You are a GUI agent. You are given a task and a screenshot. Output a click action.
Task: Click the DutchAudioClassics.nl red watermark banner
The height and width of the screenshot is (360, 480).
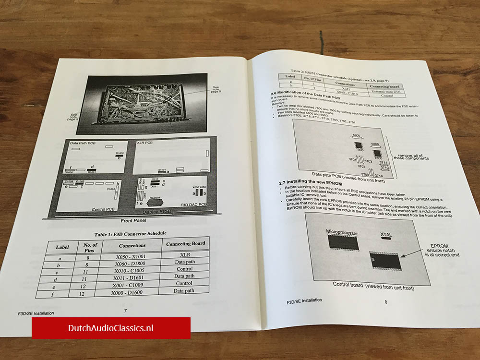(111, 328)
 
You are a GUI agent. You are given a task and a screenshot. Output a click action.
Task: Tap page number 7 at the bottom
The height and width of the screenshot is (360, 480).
(125, 311)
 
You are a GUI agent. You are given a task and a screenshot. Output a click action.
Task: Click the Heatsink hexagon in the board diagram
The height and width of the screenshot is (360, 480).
(156, 202)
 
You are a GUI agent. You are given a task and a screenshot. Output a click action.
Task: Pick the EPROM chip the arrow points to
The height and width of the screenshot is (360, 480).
(385, 262)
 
